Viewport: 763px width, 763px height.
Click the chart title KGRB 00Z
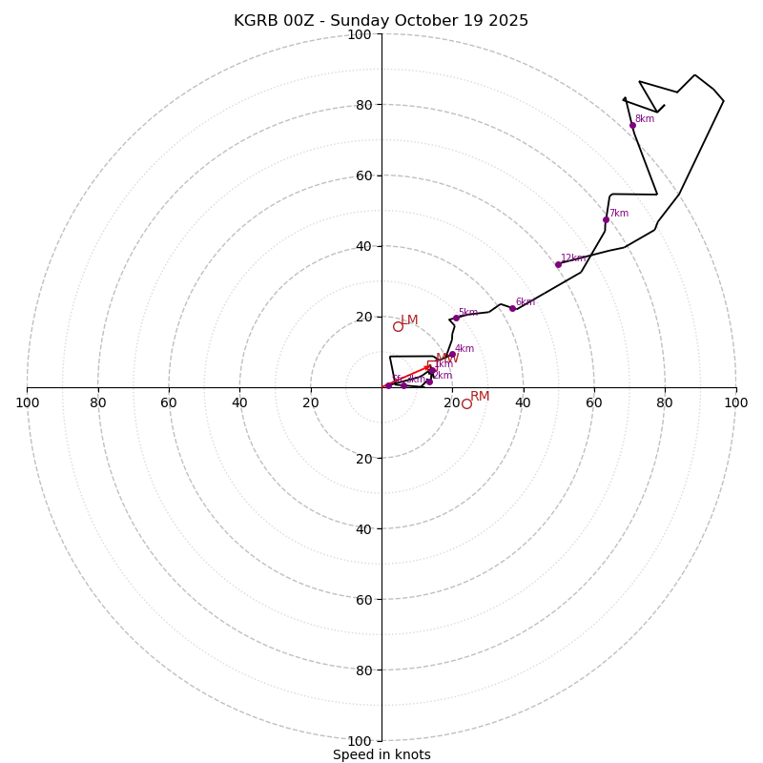[x=381, y=21]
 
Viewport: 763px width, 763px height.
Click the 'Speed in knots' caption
[x=381, y=754]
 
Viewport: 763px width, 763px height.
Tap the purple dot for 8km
[x=632, y=125]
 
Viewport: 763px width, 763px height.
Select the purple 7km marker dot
[x=606, y=219]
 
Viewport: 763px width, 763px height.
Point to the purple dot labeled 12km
[x=558, y=264]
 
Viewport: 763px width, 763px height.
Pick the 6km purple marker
[x=512, y=308]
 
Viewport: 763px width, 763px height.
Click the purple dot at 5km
[x=456, y=318]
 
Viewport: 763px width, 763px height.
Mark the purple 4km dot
[x=452, y=354]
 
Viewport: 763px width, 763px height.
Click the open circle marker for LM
[x=398, y=326]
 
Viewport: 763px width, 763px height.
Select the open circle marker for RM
[x=466, y=403]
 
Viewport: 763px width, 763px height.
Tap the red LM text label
[x=409, y=320]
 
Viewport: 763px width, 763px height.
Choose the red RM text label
[x=480, y=397]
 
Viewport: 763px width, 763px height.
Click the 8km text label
[x=645, y=119]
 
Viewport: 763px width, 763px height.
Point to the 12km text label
[x=572, y=258]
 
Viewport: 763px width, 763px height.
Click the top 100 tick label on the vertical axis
[x=360, y=34]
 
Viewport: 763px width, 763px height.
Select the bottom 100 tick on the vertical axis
[x=360, y=741]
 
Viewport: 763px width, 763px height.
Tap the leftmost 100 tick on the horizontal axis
[x=27, y=402]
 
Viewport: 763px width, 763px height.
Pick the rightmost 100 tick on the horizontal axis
[x=735, y=402]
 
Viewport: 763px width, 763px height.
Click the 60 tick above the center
[x=363, y=175]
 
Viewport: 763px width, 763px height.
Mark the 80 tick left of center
[x=98, y=402]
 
